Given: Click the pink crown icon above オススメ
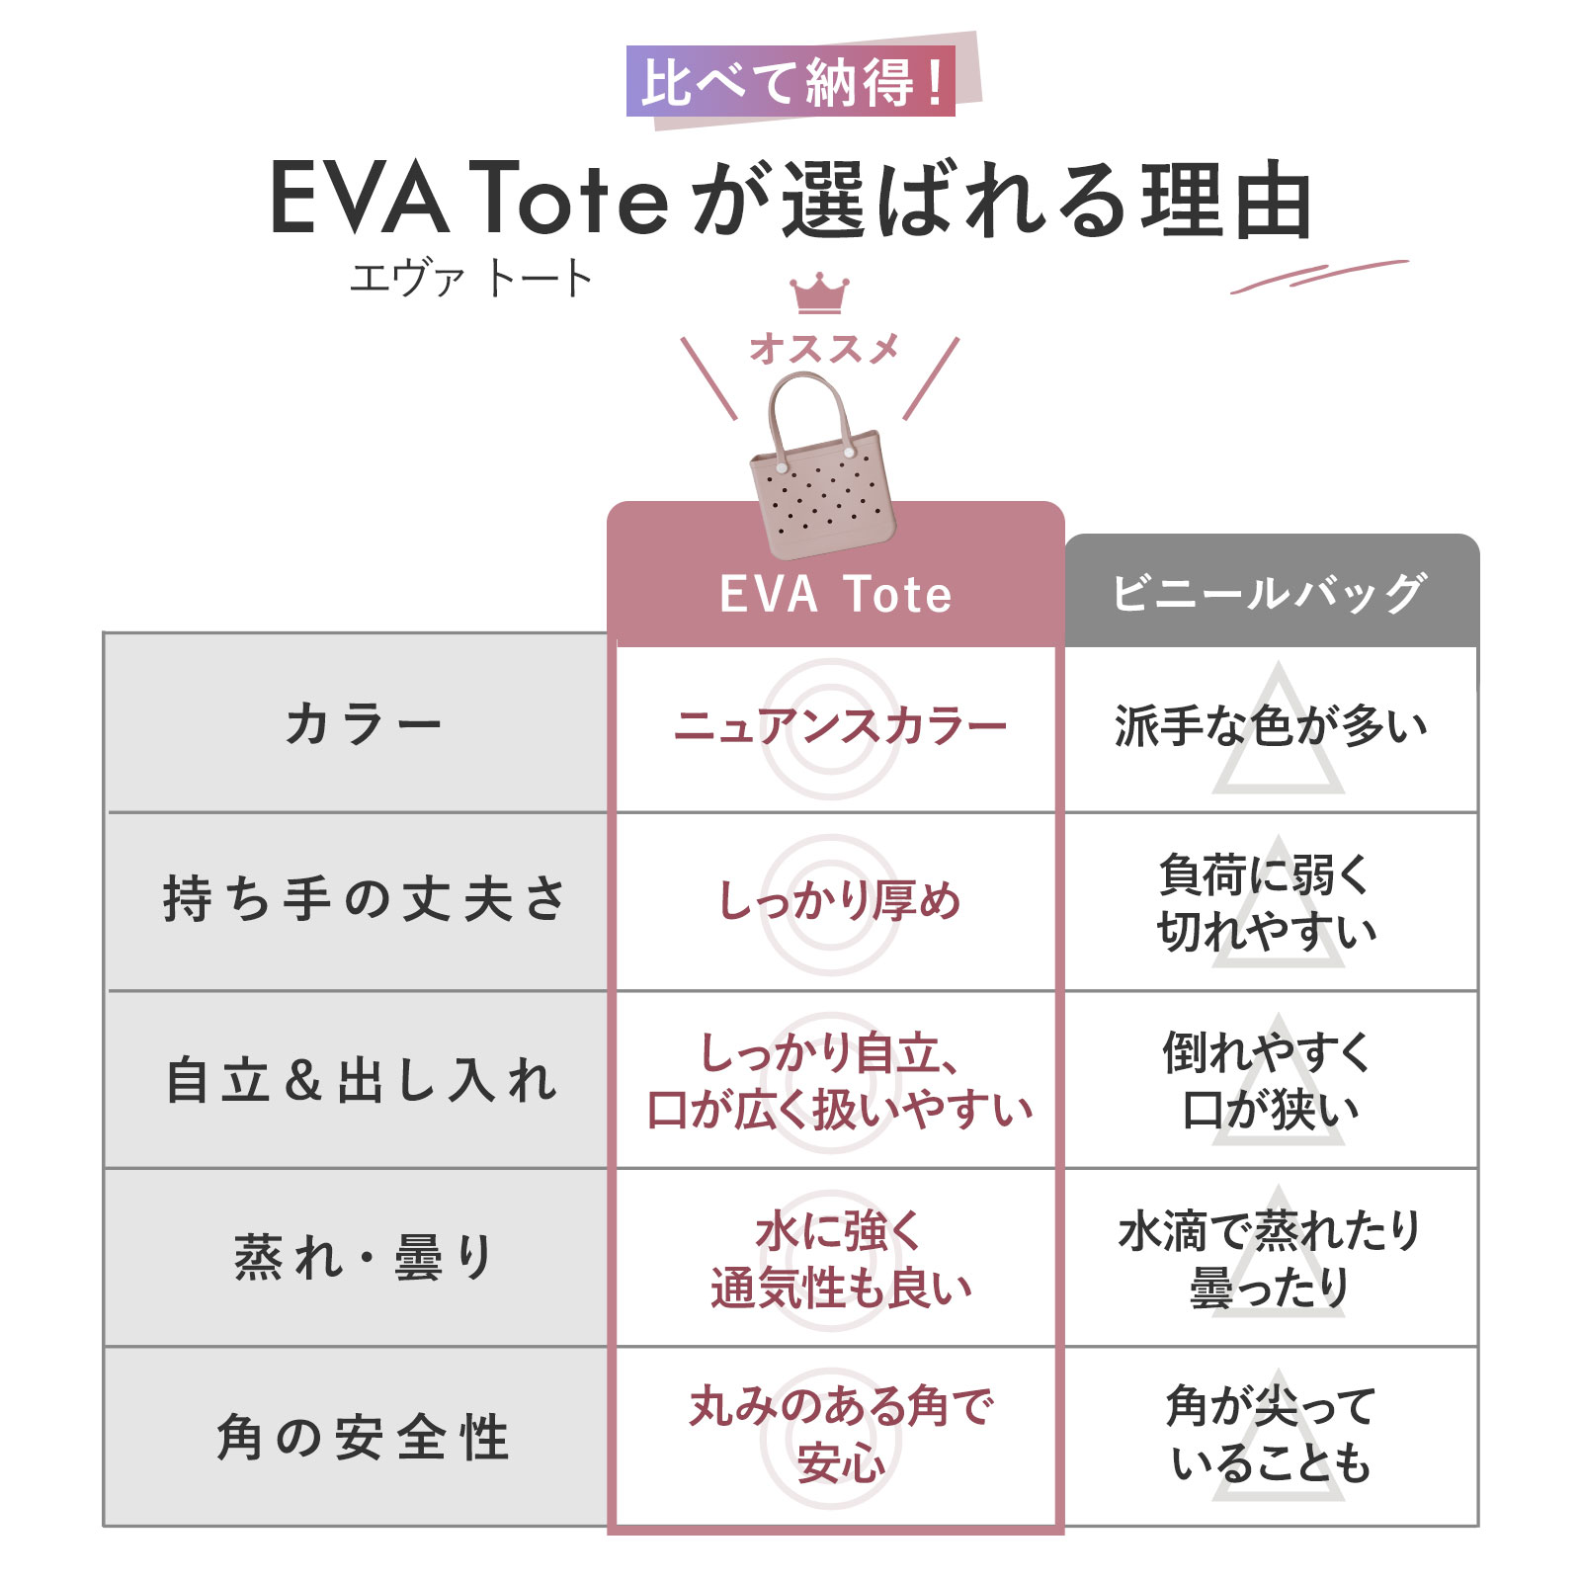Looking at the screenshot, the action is click(819, 293).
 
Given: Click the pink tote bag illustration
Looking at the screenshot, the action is click(821, 466).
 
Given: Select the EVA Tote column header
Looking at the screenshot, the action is click(836, 594).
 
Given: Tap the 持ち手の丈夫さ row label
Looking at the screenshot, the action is click(364, 899).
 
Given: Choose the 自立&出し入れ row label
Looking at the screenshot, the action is click(362, 1079).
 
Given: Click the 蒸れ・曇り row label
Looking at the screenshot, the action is click(364, 1257).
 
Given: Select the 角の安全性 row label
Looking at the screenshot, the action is click(362, 1436).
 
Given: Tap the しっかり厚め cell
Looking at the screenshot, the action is click(837, 901).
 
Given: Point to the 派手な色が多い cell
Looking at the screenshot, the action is click(1271, 726).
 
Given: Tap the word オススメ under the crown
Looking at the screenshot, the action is click(824, 348).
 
